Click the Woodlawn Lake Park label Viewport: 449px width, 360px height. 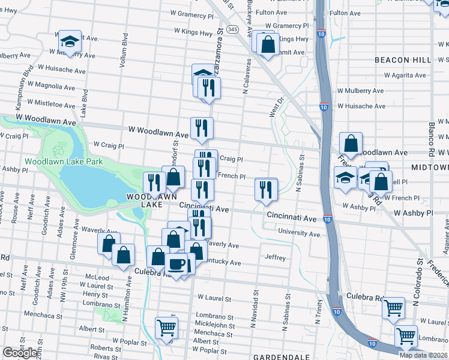(64, 161)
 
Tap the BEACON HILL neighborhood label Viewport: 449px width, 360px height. (402, 60)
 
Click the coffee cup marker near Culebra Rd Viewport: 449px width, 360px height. (176, 264)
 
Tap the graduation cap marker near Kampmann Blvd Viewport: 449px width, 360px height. (70, 41)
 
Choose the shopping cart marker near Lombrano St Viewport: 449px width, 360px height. (166, 327)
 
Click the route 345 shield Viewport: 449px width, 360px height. (233, 29)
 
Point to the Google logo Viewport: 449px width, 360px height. (20, 353)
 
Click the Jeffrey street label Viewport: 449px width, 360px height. (275, 257)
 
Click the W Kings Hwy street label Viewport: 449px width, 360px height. (194, 30)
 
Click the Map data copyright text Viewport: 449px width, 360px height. (424, 355)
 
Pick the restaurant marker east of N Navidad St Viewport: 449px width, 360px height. (265, 189)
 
